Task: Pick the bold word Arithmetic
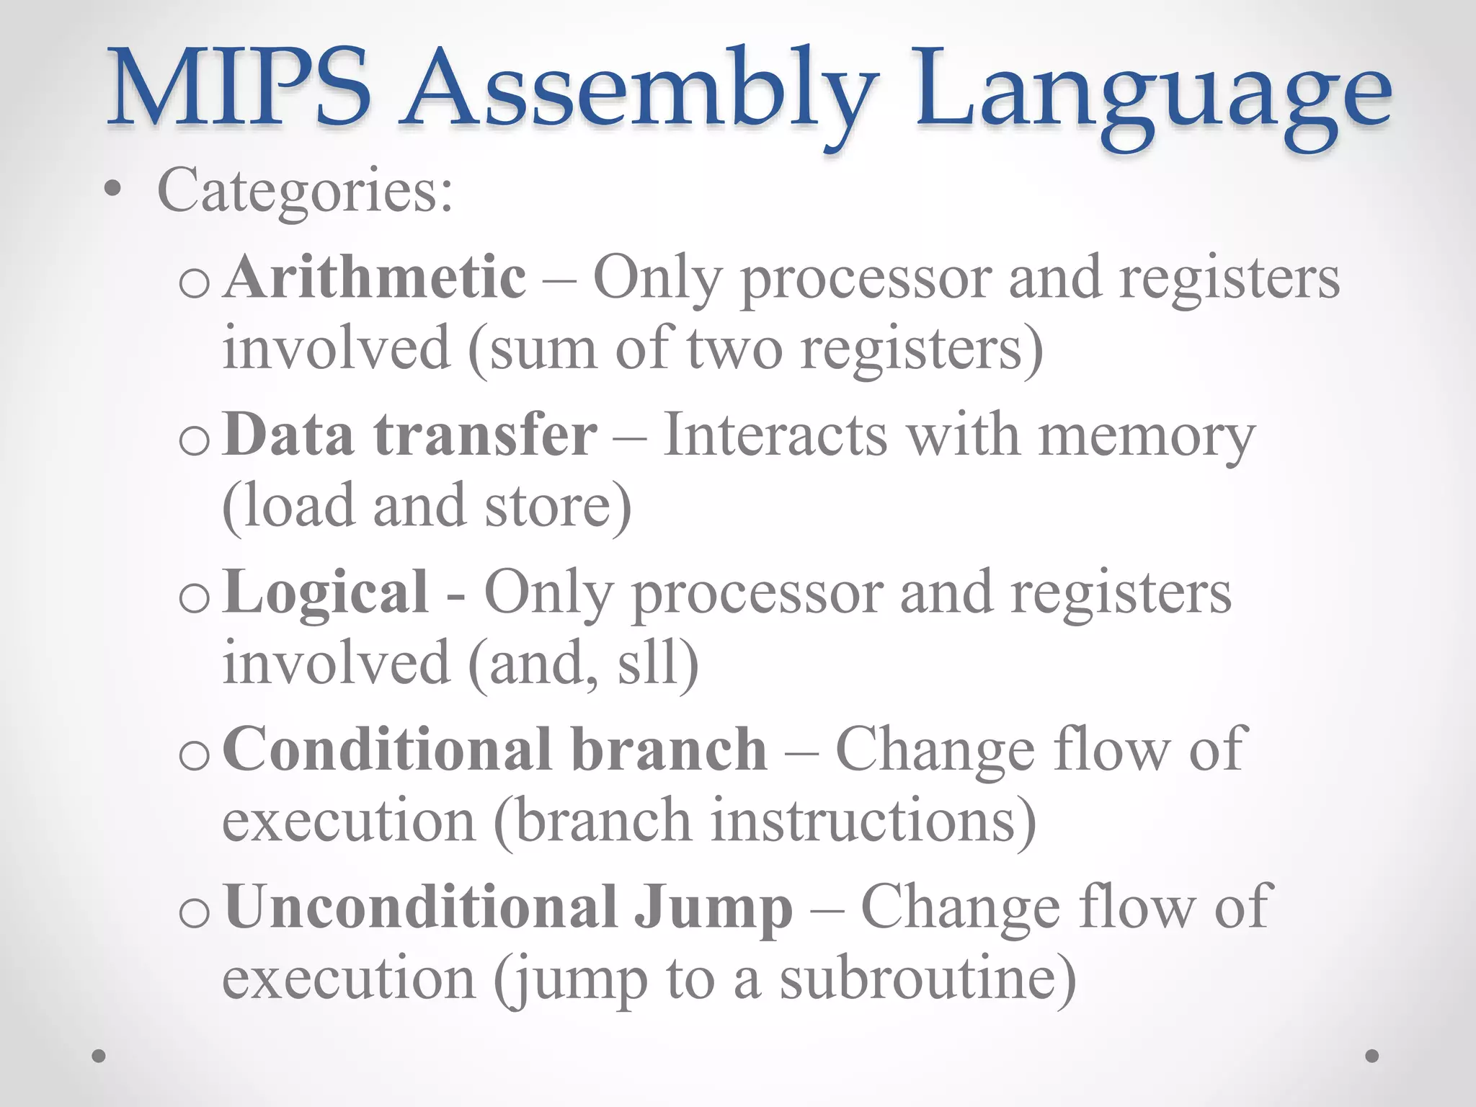pyautogui.click(x=375, y=277)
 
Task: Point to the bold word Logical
pyautogui.click(x=326, y=593)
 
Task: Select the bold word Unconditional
pyautogui.click(x=422, y=908)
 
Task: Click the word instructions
pyautogui.click(x=872, y=822)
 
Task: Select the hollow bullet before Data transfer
pyautogui.click(x=194, y=440)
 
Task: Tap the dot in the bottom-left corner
pyautogui.click(x=99, y=1056)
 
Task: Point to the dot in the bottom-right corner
pyautogui.click(x=1372, y=1056)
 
